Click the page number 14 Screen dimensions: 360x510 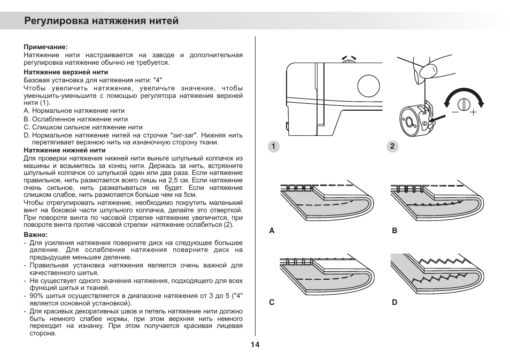click(254, 344)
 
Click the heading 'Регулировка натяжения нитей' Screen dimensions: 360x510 click(102, 21)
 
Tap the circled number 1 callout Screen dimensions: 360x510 click(273, 147)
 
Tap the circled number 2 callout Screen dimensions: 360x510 click(392, 147)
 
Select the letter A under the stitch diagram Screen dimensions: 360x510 click(272, 231)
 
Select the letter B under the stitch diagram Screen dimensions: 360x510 click(395, 231)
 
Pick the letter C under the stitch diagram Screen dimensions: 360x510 click(272, 302)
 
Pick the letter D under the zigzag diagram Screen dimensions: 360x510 click(395, 302)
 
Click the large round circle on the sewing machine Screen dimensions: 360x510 click(368, 86)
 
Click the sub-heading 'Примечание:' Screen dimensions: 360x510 click(45, 47)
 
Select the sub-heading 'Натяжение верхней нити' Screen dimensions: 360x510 click(66, 72)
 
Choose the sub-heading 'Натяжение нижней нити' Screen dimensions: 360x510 click(64, 150)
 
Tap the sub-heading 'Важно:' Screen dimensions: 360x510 click(36, 235)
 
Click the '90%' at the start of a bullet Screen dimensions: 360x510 click(37, 296)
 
